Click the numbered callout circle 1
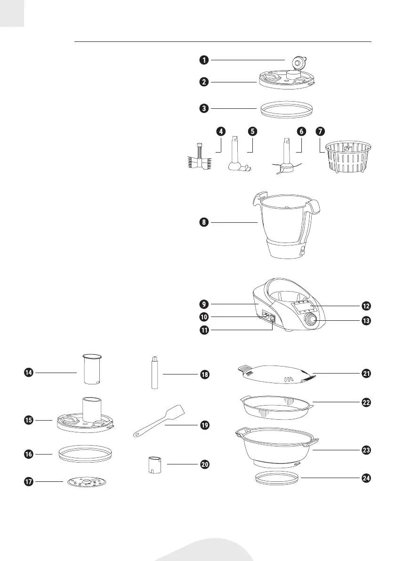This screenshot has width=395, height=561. (x=203, y=60)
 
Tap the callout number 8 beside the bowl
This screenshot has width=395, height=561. (x=203, y=221)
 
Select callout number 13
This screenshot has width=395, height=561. (x=366, y=321)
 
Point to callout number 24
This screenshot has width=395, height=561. (x=366, y=478)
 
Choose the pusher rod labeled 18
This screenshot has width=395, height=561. (x=154, y=373)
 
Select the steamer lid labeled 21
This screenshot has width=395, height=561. (x=277, y=373)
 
